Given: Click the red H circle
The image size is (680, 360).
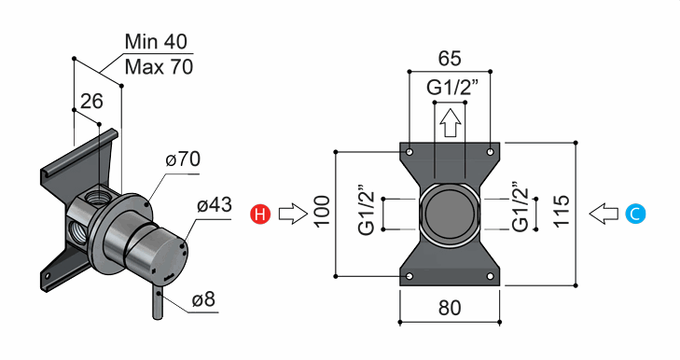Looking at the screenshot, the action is pyautogui.click(x=260, y=214).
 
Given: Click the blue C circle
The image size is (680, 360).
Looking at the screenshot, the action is pyautogui.click(x=635, y=214).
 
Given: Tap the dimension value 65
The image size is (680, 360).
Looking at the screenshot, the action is pyautogui.click(x=450, y=58).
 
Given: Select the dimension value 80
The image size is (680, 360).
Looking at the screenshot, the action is pyautogui.click(x=450, y=308).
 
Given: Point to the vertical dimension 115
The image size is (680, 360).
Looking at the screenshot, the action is pyautogui.click(x=562, y=211).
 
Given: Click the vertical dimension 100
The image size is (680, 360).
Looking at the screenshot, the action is pyautogui.click(x=322, y=212).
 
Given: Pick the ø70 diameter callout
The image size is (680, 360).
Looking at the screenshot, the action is pyautogui.click(x=183, y=159).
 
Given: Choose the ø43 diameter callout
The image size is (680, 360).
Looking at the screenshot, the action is pyautogui.click(x=215, y=205).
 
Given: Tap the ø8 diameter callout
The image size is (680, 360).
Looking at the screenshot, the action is pyautogui.click(x=203, y=299).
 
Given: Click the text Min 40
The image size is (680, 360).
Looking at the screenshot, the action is pyautogui.click(x=156, y=42).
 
